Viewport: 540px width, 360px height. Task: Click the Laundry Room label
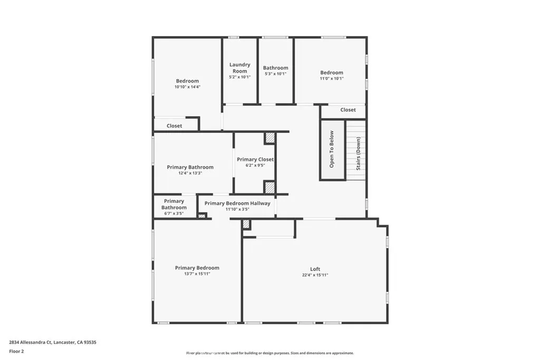pyautogui.click(x=239, y=68)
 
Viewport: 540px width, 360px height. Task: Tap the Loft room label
pyautogui.click(x=315, y=269)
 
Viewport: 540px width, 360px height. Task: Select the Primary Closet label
pyautogui.click(x=255, y=159)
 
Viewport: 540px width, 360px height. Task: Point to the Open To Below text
pyautogui.click(x=332, y=149)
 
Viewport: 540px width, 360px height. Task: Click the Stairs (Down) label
pyautogui.click(x=359, y=153)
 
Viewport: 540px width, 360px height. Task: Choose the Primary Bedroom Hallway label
pyautogui.click(x=237, y=203)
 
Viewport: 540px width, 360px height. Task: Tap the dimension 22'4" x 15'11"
pyautogui.click(x=315, y=275)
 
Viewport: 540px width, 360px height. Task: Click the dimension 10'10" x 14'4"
pyautogui.click(x=187, y=86)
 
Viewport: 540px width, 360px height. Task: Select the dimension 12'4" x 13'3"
pyautogui.click(x=190, y=173)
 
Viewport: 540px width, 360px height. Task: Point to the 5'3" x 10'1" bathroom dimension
pyautogui.click(x=275, y=74)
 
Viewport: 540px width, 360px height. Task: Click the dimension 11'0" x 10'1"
pyautogui.click(x=332, y=78)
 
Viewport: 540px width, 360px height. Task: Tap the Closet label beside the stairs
pyautogui.click(x=348, y=110)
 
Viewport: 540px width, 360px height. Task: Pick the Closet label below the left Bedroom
pyautogui.click(x=175, y=126)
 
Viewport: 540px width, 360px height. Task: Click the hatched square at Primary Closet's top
pyautogui.click(x=270, y=138)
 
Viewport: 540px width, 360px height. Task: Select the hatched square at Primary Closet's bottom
pyautogui.click(x=269, y=187)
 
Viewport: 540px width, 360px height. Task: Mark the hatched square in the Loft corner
pyautogui.click(x=246, y=224)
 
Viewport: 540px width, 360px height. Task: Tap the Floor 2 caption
pyautogui.click(x=17, y=351)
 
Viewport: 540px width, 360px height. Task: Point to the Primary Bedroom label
pyautogui.click(x=197, y=268)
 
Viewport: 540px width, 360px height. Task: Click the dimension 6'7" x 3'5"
pyautogui.click(x=173, y=213)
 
